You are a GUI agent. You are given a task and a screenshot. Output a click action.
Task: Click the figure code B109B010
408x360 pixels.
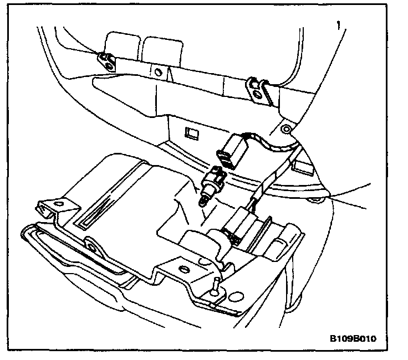353,338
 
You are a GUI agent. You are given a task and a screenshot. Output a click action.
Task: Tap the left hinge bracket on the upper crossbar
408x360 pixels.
105,59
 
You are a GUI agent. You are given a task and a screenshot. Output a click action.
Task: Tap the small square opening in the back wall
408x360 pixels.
192,133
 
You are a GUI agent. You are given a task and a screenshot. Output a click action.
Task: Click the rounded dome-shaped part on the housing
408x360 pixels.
195,244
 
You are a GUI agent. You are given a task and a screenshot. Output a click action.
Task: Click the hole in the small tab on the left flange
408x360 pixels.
89,245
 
